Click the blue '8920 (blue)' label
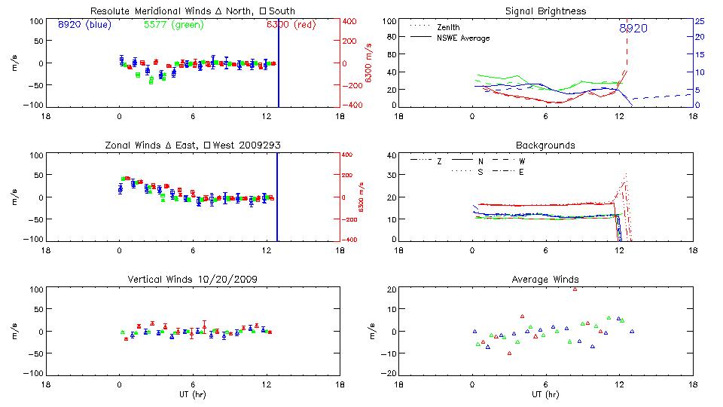(83, 24)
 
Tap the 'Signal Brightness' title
(546, 11)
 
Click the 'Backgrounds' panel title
(546, 145)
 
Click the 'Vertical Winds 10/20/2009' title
(192, 280)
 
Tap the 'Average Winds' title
(546, 280)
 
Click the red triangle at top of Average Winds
(575, 289)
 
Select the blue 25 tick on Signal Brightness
(699, 21)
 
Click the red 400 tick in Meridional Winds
(350, 21)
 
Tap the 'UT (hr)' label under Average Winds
(546, 394)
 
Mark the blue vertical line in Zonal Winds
(277, 196)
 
